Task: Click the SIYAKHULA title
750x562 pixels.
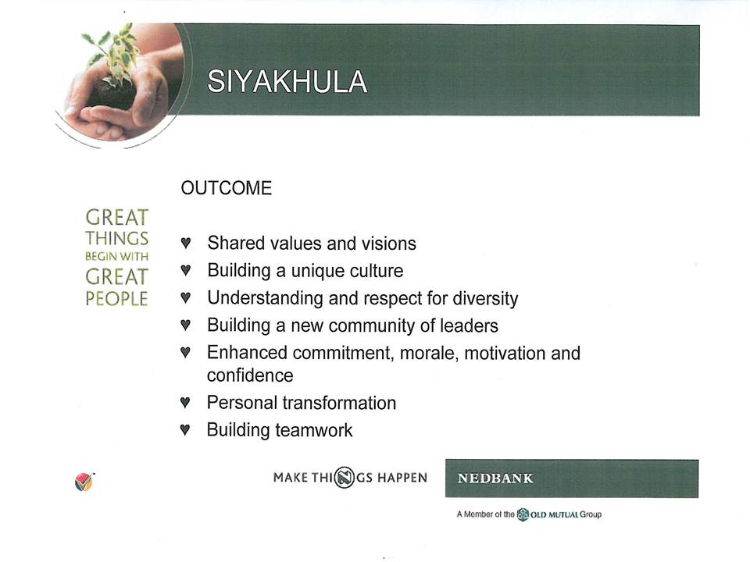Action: click(287, 81)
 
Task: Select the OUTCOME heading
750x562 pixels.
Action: click(227, 188)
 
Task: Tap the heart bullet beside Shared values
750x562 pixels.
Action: click(186, 242)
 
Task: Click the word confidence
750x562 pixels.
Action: click(250, 375)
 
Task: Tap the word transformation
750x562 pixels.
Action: click(339, 403)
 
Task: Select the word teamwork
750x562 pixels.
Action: click(314, 430)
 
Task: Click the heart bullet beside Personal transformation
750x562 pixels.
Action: click(185, 402)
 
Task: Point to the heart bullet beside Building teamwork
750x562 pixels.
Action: click(185, 429)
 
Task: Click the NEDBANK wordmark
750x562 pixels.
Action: click(495, 478)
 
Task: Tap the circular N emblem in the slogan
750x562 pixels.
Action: click(345, 477)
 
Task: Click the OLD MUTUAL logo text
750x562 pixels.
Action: click(554, 514)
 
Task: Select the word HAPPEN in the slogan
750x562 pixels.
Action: click(402, 478)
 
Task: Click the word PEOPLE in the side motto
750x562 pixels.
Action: click(116, 299)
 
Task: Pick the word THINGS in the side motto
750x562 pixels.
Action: click(116, 238)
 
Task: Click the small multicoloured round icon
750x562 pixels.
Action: click(84, 482)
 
